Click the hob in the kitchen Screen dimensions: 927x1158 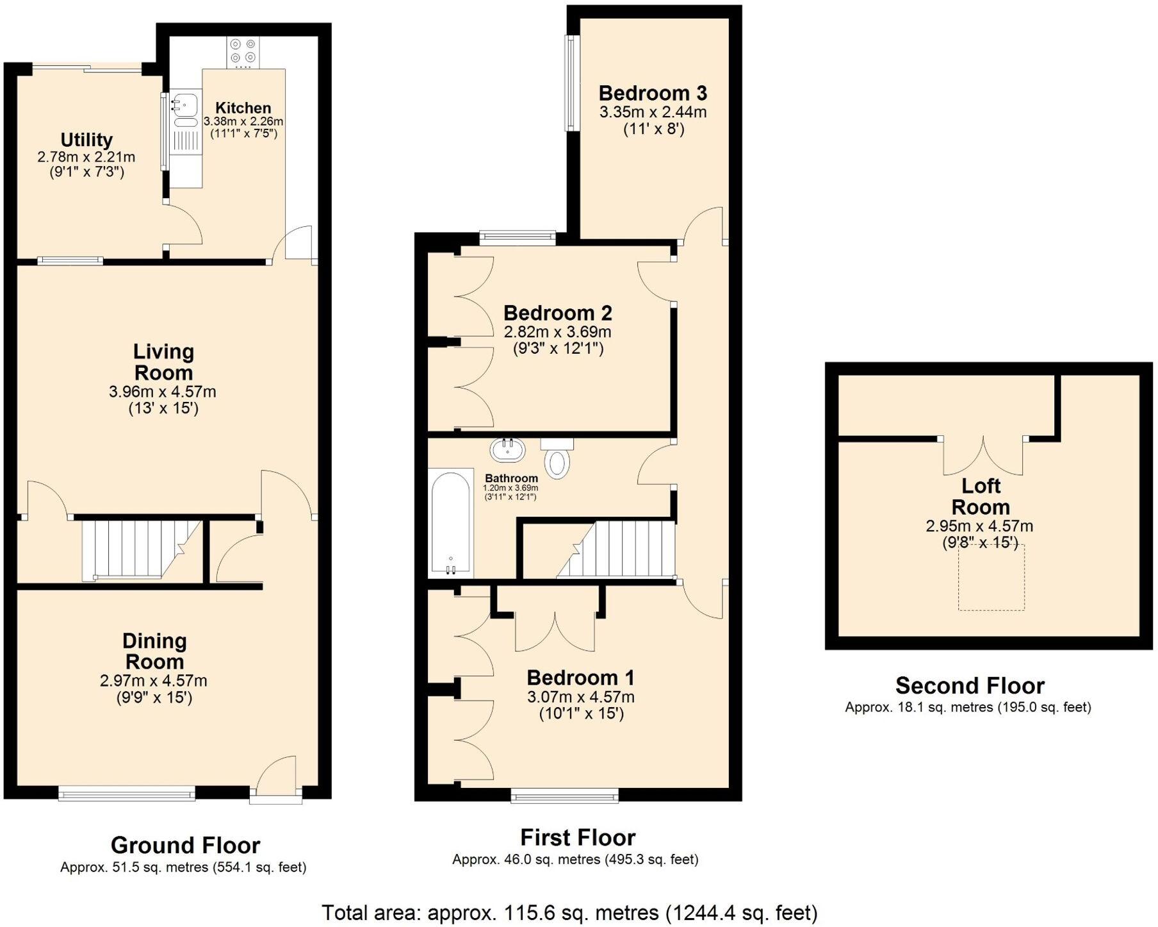click(243, 52)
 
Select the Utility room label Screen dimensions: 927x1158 click(86, 140)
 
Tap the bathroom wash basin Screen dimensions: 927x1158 click(508, 449)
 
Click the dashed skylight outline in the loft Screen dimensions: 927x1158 click(991, 578)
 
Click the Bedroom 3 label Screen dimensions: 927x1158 click(653, 94)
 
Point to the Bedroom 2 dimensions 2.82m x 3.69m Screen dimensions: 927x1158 click(557, 332)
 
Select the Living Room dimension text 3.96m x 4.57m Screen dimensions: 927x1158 click(163, 391)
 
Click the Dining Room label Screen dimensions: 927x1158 click(154, 651)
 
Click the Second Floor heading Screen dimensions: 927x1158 click(970, 685)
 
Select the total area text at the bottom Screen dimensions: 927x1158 click(569, 912)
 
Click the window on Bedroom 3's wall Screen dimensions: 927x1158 click(569, 82)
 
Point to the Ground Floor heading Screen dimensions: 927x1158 click(185, 845)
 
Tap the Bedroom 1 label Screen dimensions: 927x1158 click(580, 678)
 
